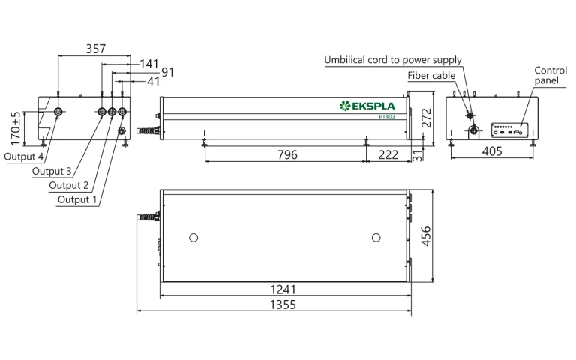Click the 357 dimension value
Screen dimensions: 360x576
(x=95, y=49)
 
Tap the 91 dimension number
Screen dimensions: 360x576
(x=167, y=73)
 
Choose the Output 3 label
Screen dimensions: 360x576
(x=52, y=172)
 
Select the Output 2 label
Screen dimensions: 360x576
(x=69, y=185)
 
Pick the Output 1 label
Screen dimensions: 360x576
(x=78, y=199)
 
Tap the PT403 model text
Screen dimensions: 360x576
(x=388, y=116)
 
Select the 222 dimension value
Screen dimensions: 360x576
(x=388, y=154)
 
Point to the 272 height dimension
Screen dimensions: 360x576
(x=425, y=118)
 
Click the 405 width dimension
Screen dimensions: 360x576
(x=491, y=151)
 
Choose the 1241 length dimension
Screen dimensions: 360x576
(x=283, y=289)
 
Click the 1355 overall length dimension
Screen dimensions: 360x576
(x=283, y=304)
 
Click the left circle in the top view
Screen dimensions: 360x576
(x=193, y=238)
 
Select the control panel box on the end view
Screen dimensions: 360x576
(x=510, y=130)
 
